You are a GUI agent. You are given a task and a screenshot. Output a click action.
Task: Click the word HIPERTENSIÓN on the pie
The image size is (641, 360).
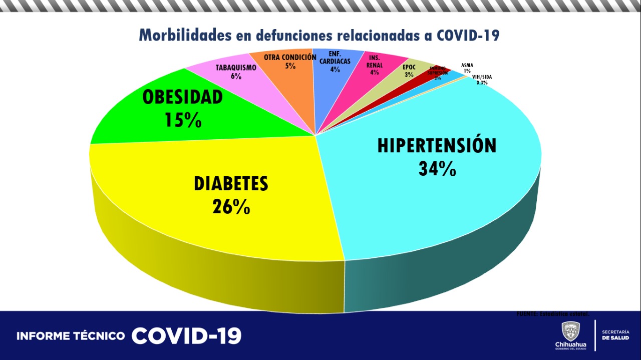437,145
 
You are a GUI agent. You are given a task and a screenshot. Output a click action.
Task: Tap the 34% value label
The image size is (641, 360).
437,169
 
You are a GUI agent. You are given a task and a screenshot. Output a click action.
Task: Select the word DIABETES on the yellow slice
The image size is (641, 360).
231,184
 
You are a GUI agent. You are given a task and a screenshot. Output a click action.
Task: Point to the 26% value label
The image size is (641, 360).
231,206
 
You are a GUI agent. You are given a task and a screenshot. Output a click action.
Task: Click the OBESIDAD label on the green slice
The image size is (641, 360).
183,97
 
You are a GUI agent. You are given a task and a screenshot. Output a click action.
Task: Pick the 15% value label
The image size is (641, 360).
183,120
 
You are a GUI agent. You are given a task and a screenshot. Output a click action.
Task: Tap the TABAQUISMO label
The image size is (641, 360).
236,68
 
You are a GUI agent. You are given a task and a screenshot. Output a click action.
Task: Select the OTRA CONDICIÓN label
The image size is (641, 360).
290,57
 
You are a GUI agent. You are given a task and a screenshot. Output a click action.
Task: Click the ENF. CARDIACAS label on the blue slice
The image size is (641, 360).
335,58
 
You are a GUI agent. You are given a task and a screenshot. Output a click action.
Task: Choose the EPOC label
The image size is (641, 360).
409,67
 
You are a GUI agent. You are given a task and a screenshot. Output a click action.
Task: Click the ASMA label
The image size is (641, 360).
467,65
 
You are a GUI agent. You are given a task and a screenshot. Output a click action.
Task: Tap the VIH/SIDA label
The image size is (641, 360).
482,77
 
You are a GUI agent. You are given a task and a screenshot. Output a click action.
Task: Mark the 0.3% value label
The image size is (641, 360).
482,83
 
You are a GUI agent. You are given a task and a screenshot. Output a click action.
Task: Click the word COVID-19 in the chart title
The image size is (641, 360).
468,35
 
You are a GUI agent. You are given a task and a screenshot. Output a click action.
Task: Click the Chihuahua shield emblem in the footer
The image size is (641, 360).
570,331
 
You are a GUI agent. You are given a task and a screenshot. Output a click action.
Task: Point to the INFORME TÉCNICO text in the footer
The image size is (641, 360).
71,336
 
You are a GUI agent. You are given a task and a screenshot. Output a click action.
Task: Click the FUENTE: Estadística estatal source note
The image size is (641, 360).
552,313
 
